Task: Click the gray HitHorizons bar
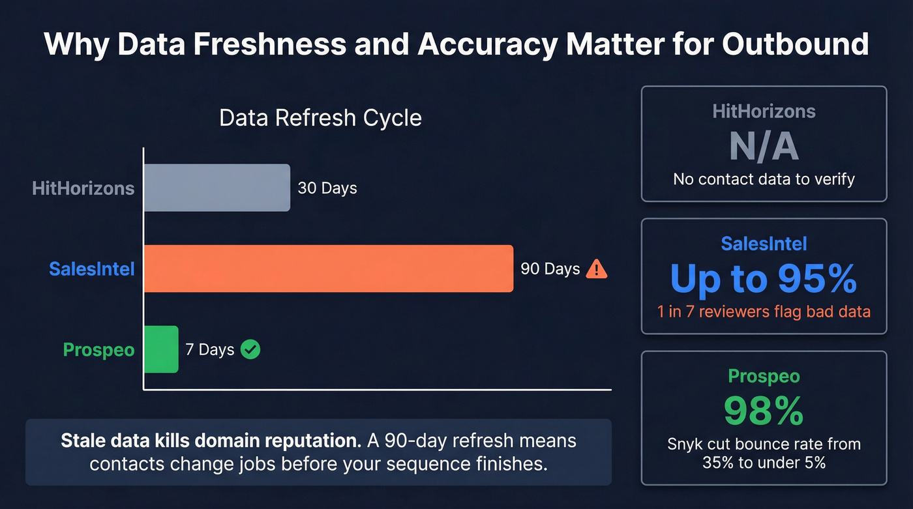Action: tap(217, 188)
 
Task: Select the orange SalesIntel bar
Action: tap(328, 269)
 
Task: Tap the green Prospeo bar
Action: tap(160, 349)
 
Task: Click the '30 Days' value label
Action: tap(327, 188)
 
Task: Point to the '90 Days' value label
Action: tap(550, 269)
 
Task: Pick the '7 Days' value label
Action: tap(209, 349)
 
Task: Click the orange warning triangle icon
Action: tap(597, 269)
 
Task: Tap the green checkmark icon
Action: tap(250, 349)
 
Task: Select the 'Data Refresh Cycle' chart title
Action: tap(320, 118)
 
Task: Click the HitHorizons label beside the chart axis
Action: tap(83, 188)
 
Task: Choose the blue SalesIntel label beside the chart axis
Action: tap(92, 269)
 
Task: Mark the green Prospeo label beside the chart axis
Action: tap(99, 349)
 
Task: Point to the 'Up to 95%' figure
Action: tap(764, 279)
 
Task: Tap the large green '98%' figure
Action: tap(764, 411)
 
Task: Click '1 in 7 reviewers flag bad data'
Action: tap(764, 312)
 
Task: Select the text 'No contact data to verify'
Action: tap(764, 179)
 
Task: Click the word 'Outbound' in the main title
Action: tap(796, 44)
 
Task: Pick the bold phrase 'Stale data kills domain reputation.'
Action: tap(210, 441)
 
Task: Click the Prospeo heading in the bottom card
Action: tap(764, 376)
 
